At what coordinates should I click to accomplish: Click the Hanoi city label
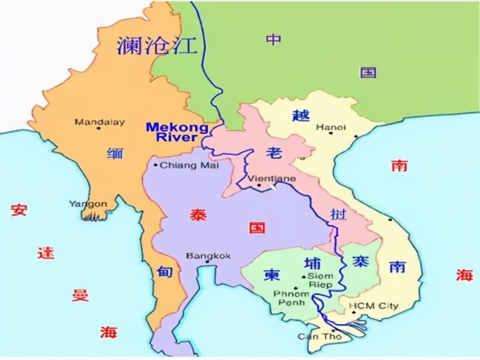[x=330, y=127]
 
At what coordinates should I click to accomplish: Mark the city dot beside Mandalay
[x=77, y=122]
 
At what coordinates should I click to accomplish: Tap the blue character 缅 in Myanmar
[x=115, y=154]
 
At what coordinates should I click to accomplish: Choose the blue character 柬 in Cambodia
[x=271, y=275]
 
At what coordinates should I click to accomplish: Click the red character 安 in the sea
[x=18, y=210]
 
